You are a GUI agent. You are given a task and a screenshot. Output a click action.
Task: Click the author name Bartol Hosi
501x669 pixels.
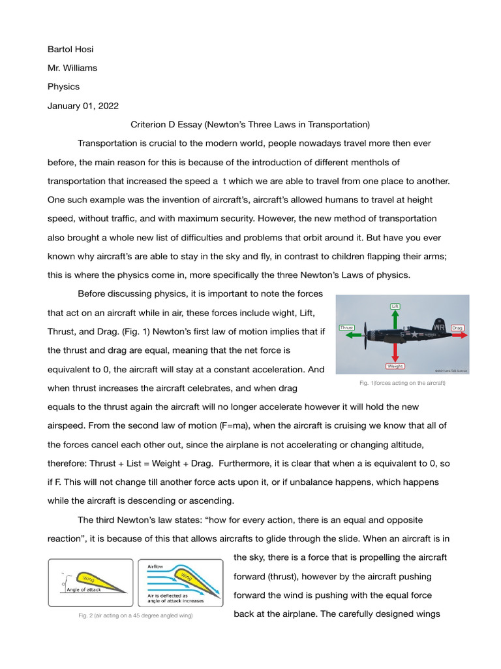tap(75, 50)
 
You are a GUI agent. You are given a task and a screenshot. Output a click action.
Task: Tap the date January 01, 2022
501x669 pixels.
tap(83, 105)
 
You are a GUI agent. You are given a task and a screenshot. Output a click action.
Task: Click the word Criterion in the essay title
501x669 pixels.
tap(149, 124)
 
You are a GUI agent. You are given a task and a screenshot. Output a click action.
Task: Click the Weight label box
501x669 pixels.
tap(395, 367)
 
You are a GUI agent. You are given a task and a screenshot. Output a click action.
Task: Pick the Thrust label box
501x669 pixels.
tap(346, 327)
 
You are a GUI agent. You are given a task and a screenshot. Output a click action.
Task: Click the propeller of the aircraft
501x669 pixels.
tap(367, 334)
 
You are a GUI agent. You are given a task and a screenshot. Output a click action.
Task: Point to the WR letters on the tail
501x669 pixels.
tap(440, 327)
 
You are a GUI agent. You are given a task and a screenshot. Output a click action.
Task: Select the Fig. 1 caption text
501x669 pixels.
tap(402, 383)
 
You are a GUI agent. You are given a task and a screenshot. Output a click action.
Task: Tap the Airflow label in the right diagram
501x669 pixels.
tap(155, 566)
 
